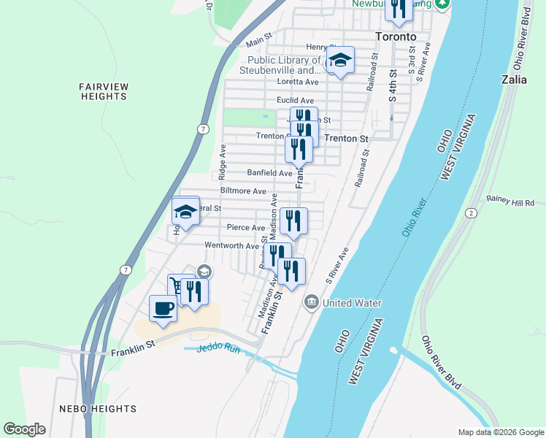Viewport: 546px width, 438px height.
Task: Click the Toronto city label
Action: pyautogui.click(x=395, y=36)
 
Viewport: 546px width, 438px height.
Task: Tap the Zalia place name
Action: pyautogui.click(x=515, y=80)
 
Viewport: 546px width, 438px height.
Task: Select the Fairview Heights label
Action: pyautogui.click(x=104, y=91)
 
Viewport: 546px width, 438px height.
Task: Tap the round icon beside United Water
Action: pyautogui.click(x=311, y=301)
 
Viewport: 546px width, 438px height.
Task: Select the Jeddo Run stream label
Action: pyautogui.click(x=213, y=347)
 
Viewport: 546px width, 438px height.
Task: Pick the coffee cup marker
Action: pyautogui.click(x=163, y=308)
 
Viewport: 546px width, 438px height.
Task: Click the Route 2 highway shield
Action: pyautogui.click(x=472, y=212)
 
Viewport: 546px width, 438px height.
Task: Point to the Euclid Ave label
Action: pyautogui.click(x=295, y=100)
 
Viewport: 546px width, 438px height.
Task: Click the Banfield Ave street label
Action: pyautogui.click(x=269, y=173)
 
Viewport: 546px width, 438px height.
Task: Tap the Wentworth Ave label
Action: pyautogui.click(x=231, y=245)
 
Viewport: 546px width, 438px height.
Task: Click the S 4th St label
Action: pyautogui.click(x=393, y=85)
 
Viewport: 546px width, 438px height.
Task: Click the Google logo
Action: pyautogui.click(x=24, y=429)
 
